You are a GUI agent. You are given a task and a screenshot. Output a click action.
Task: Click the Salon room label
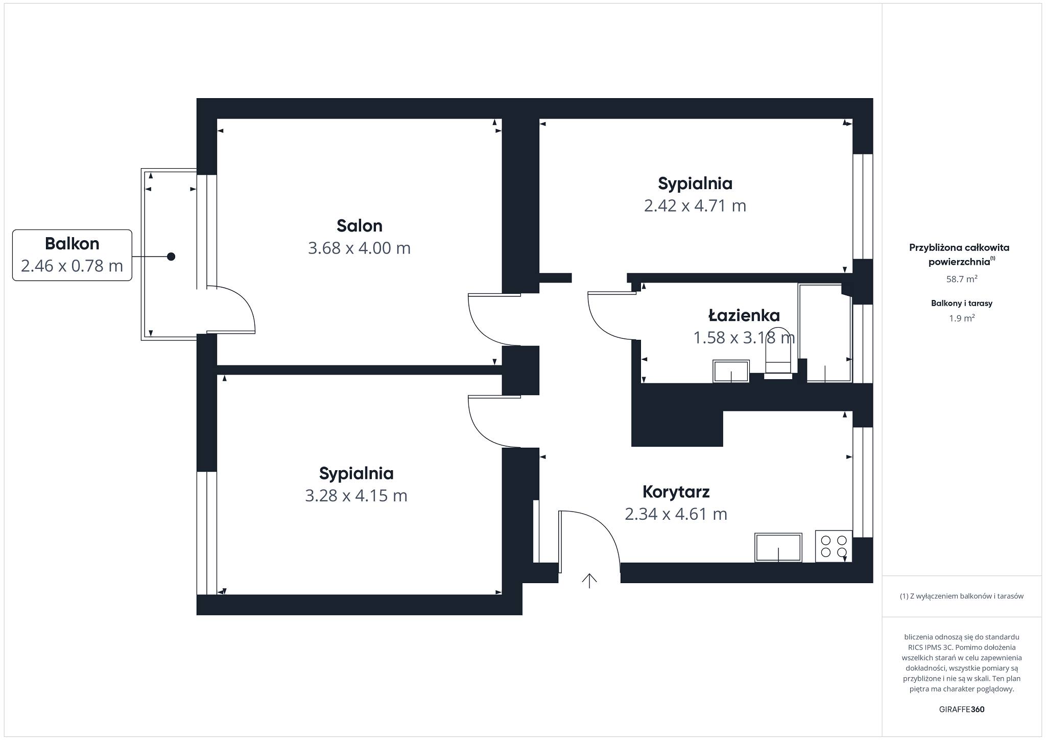tap(359, 225)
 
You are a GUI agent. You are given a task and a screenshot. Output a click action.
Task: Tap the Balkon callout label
tap(72, 243)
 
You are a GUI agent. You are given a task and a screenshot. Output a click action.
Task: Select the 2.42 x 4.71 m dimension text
tap(695, 205)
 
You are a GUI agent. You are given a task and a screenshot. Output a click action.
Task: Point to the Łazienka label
tap(744, 315)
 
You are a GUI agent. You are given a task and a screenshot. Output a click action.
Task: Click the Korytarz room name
tap(676, 492)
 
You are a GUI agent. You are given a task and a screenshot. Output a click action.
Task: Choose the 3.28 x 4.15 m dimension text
tap(356, 496)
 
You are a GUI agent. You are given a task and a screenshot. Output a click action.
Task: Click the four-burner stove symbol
tap(834, 546)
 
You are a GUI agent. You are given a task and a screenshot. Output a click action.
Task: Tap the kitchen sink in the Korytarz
tap(778, 547)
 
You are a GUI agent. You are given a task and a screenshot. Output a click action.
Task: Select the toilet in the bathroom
tap(778, 353)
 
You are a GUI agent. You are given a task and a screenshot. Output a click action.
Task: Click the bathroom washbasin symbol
tap(731, 371)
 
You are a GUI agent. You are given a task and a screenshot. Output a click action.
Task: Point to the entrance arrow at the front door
tap(589, 581)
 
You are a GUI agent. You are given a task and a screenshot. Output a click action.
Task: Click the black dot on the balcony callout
tap(171, 256)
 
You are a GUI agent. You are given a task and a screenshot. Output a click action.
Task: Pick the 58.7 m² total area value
tap(962, 279)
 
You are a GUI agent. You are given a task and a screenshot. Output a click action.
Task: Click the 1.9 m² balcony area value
tap(962, 318)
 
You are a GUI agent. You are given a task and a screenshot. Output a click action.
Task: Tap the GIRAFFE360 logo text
tap(962, 709)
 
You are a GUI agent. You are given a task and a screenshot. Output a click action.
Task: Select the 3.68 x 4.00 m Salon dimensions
tap(359, 248)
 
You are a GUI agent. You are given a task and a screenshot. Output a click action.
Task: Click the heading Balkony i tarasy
tap(962, 303)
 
